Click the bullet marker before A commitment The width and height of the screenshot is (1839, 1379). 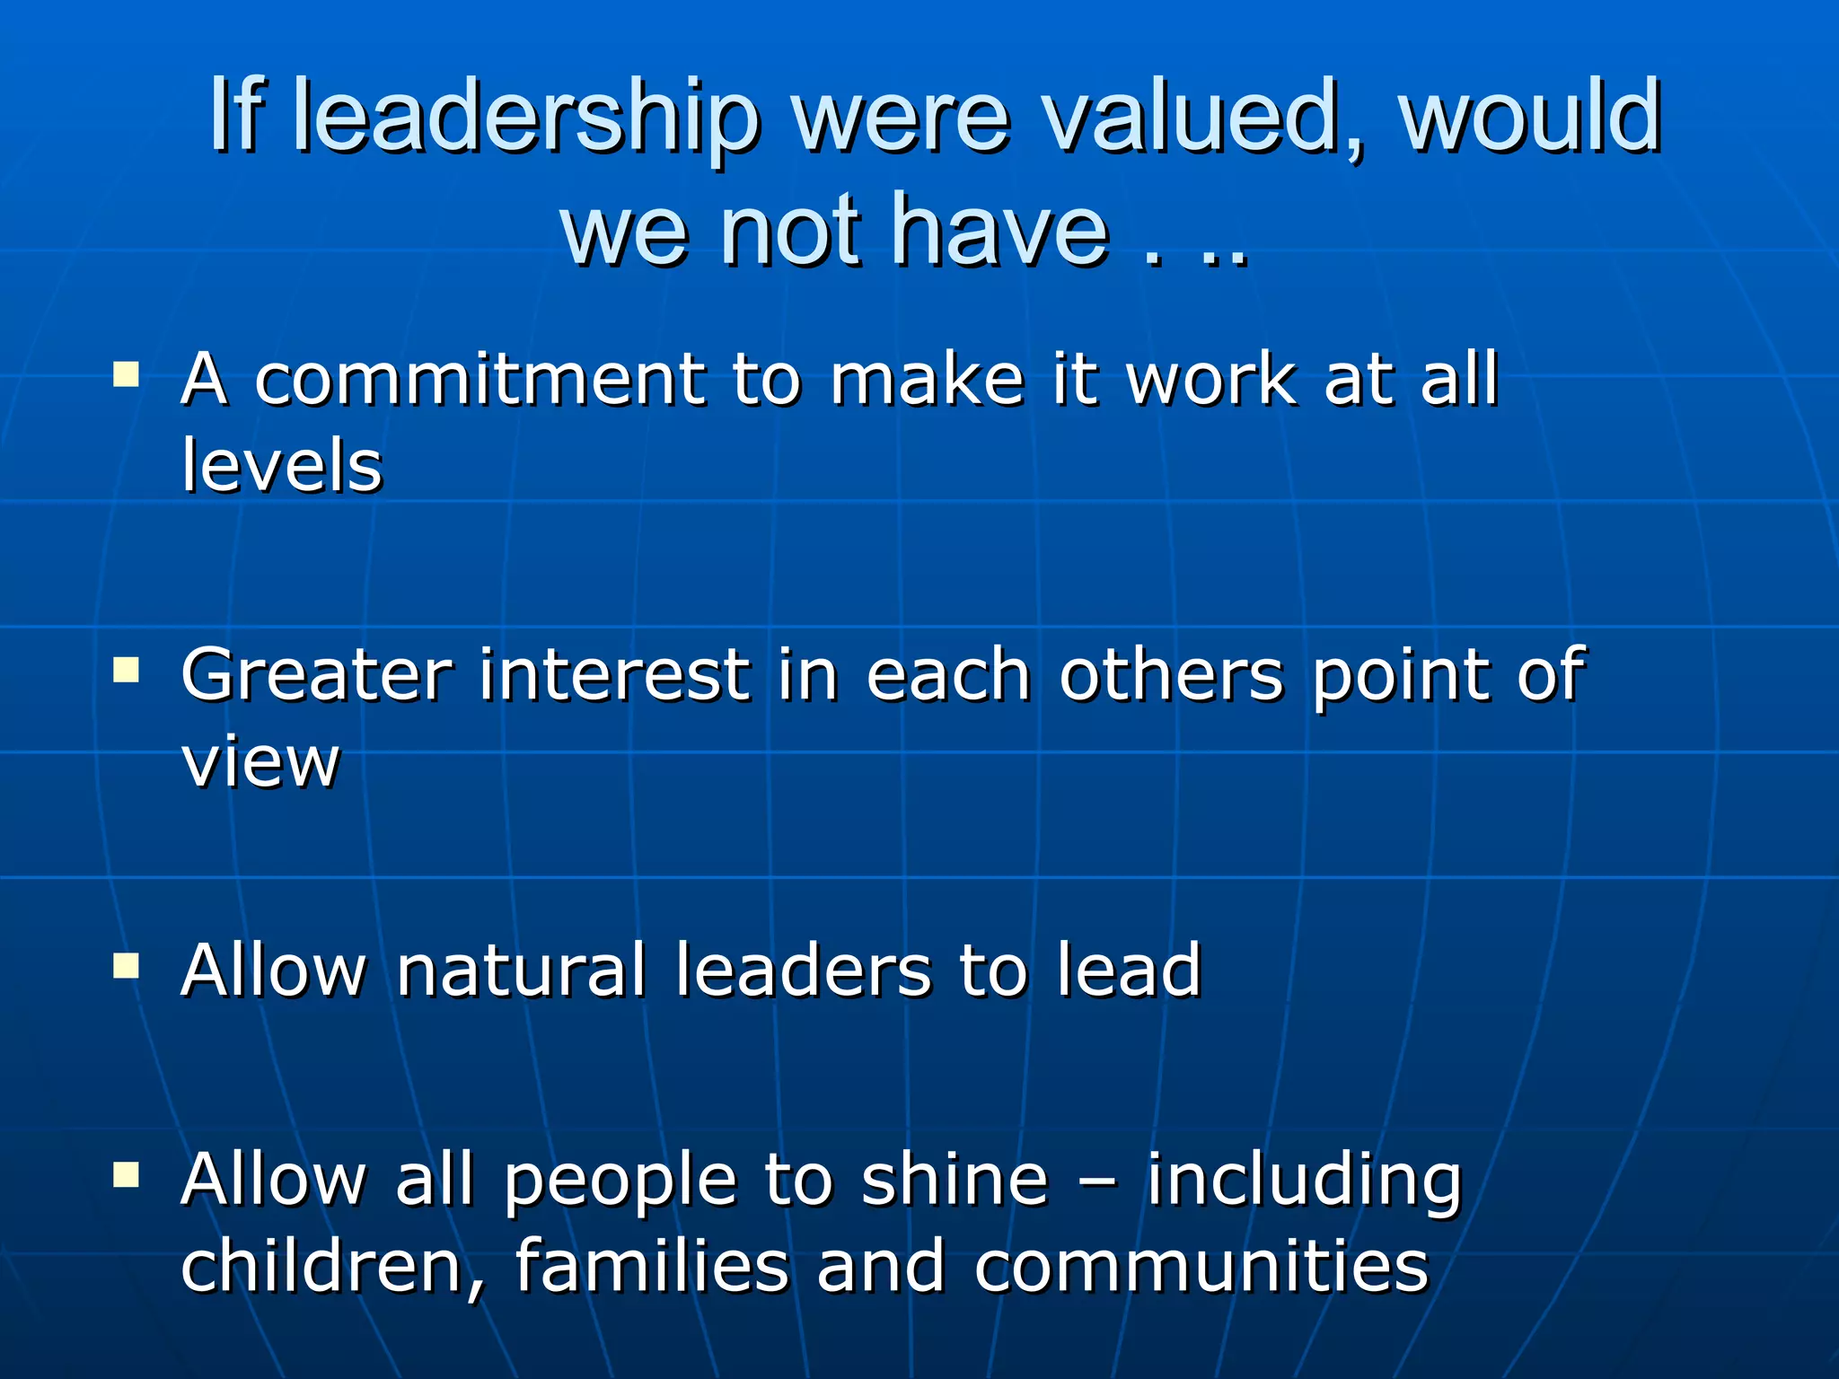(x=127, y=373)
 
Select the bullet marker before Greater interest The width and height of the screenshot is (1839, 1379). (x=127, y=670)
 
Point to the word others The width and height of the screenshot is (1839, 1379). (x=1172, y=675)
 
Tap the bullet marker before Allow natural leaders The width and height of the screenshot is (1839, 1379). (x=127, y=966)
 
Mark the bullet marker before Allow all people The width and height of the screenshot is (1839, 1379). (x=127, y=1173)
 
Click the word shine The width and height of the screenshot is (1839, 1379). (x=955, y=1179)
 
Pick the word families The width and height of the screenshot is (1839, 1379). (x=652, y=1265)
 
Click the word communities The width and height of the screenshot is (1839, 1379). (x=1201, y=1265)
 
